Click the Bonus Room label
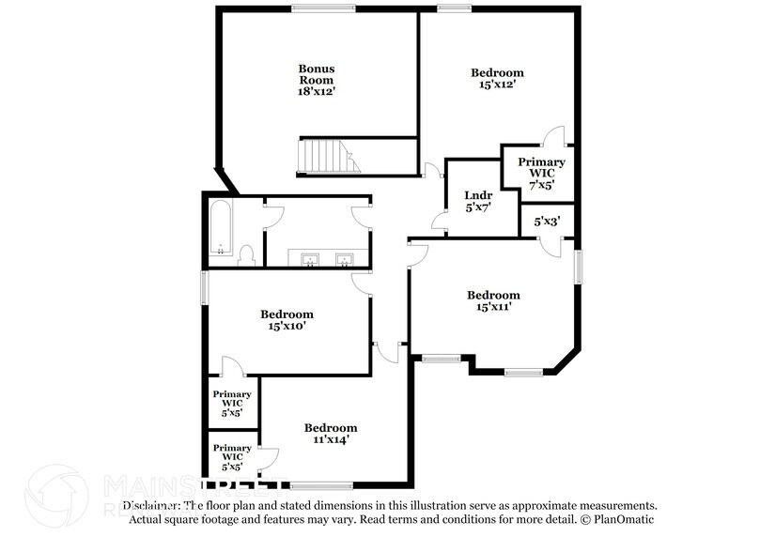coord(317,74)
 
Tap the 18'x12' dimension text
coord(317,92)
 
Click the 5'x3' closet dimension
coord(546,222)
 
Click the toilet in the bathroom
coord(248,254)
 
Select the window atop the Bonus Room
coord(315,8)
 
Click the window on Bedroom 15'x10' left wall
coord(204,287)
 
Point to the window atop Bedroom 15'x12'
coord(454,8)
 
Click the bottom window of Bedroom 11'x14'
coord(321,485)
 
